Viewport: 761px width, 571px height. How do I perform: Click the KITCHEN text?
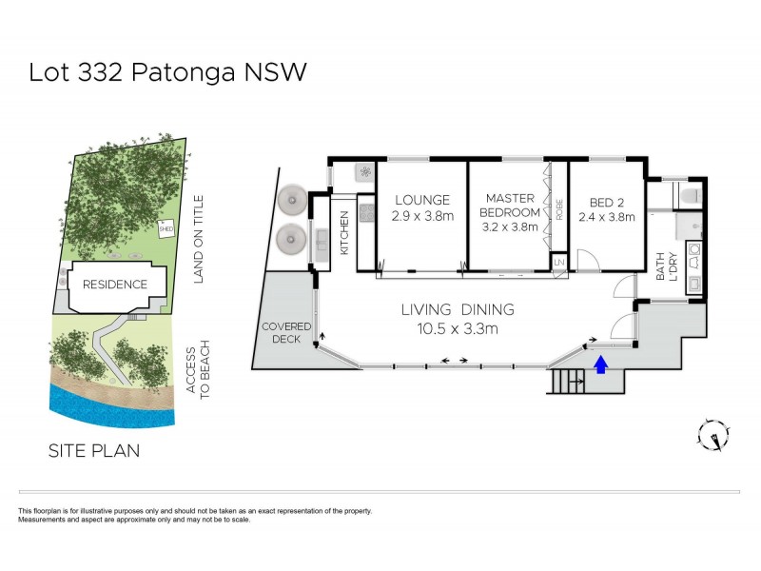(x=344, y=231)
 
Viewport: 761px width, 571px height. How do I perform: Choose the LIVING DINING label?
(x=457, y=309)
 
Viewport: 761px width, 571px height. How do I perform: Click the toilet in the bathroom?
(x=688, y=196)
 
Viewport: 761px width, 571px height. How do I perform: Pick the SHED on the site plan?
(x=166, y=228)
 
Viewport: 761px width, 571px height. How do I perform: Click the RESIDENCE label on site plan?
(x=115, y=284)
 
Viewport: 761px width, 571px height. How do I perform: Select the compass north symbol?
(x=713, y=435)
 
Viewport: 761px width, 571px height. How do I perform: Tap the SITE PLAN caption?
(x=93, y=450)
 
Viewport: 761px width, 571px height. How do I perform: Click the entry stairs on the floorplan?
(x=572, y=382)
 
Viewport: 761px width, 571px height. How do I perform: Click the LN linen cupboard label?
(x=559, y=261)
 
